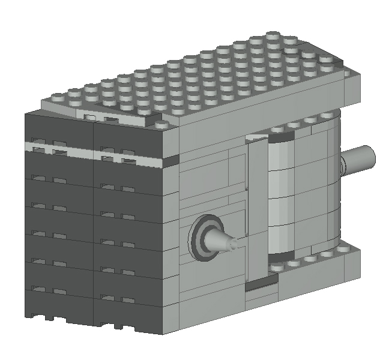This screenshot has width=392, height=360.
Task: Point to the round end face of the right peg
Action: [x=369, y=156]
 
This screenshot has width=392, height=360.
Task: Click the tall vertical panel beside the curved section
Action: [x=257, y=210]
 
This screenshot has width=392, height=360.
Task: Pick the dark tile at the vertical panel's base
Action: [x=261, y=283]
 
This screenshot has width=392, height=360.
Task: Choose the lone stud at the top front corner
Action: [x=163, y=124]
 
